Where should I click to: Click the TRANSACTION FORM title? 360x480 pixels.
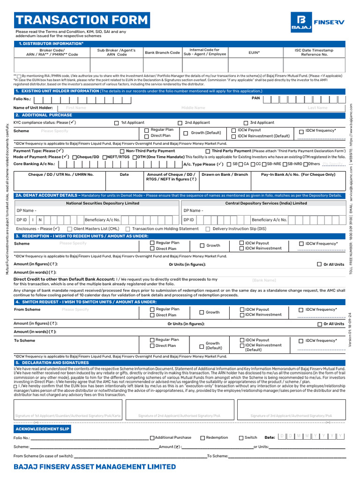coord(82,20)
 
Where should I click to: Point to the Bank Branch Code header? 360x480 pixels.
coord(162,52)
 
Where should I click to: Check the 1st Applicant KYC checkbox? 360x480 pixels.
coord(117,123)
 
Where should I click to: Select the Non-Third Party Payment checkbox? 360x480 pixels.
coord(122,151)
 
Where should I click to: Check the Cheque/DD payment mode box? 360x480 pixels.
coord(75,157)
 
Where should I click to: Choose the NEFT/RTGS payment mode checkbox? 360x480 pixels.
coord(105,157)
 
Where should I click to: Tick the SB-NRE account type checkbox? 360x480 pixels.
coord(263,165)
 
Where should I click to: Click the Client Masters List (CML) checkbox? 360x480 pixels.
coord(63,229)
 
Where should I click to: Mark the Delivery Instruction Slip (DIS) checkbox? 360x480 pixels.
coord(208,229)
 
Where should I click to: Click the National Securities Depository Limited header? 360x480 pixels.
coord(103,203)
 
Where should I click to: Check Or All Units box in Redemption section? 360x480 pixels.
coord(320,264)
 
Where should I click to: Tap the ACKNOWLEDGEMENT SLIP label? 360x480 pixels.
coord(42,429)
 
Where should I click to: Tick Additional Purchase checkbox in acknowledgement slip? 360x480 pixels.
coord(152,438)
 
